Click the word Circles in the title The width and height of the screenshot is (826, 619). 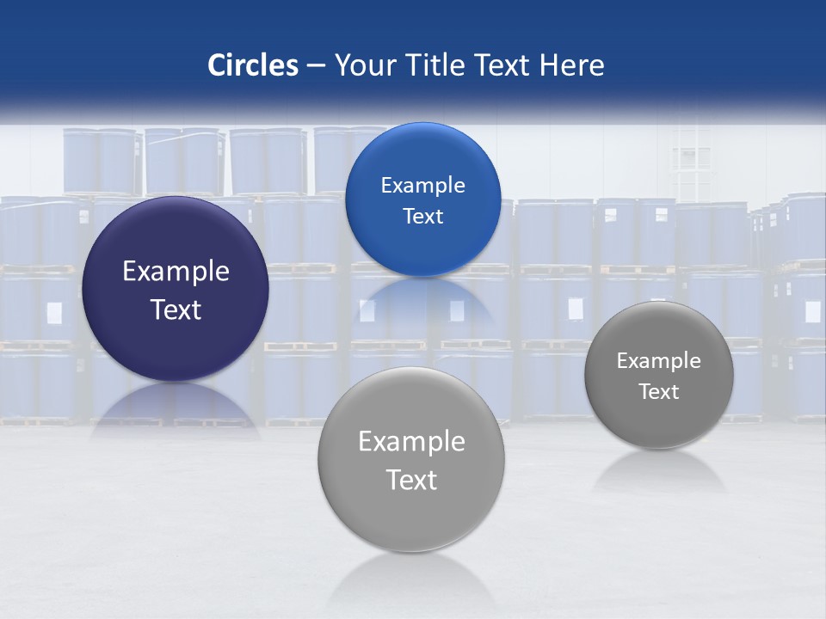(x=253, y=65)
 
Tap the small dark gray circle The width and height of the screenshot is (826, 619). (x=659, y=421)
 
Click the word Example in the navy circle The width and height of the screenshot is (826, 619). (x=176, y=272)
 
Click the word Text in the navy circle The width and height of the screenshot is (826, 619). (x=176, y=309)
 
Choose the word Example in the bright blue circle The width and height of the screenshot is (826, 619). (x=422, y=186)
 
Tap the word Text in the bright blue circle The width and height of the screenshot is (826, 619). (x=422, y=217)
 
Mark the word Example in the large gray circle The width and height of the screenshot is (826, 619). (x=411, y=442)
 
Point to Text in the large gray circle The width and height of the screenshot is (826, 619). (x=411, y=480)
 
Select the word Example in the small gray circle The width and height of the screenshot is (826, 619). (x=659, y=361)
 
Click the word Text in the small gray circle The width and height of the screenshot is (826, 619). (x=659, y=392)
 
